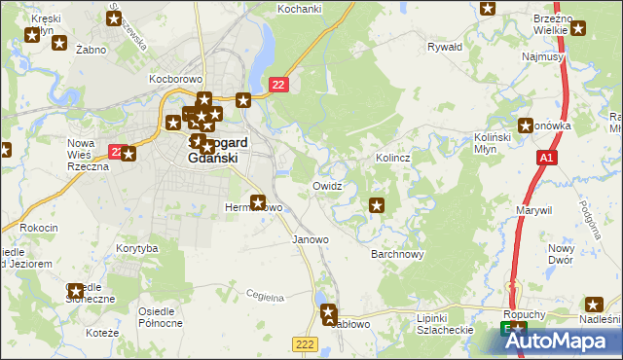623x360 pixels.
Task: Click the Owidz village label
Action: tap(327, 186)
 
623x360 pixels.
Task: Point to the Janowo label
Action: tap(311, 239)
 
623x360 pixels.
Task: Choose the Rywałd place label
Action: tap(445, 47)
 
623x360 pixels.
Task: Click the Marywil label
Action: tap(534, 210)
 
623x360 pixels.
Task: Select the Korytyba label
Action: tap(136, 249)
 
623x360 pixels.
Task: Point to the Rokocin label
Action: tap(39, 228)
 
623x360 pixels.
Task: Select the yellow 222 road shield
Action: tap(305, 343)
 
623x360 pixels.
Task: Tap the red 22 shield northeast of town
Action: tap(279, 86)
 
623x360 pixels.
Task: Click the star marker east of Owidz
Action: tap(377, 205)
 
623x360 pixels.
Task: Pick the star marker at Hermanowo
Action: tap(258, 202)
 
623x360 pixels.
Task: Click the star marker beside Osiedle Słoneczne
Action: tap(76, 290)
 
